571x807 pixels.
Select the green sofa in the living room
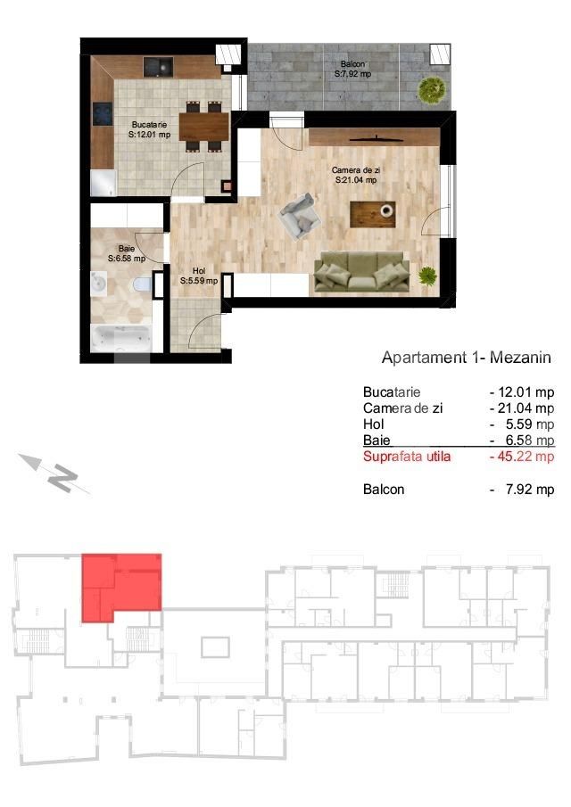coord(361,272)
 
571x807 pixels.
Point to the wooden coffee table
coord(372,213)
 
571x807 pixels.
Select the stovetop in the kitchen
coord(99,115)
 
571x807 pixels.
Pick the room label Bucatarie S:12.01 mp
coord(149,129)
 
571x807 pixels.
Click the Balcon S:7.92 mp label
coord(352,70)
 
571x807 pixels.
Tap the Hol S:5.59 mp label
coord(198,275)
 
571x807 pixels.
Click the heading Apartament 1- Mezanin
coord(466,358)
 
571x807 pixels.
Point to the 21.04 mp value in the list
coord(526,408)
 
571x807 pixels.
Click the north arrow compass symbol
coord(56,473)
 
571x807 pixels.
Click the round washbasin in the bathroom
coord(99,284)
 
